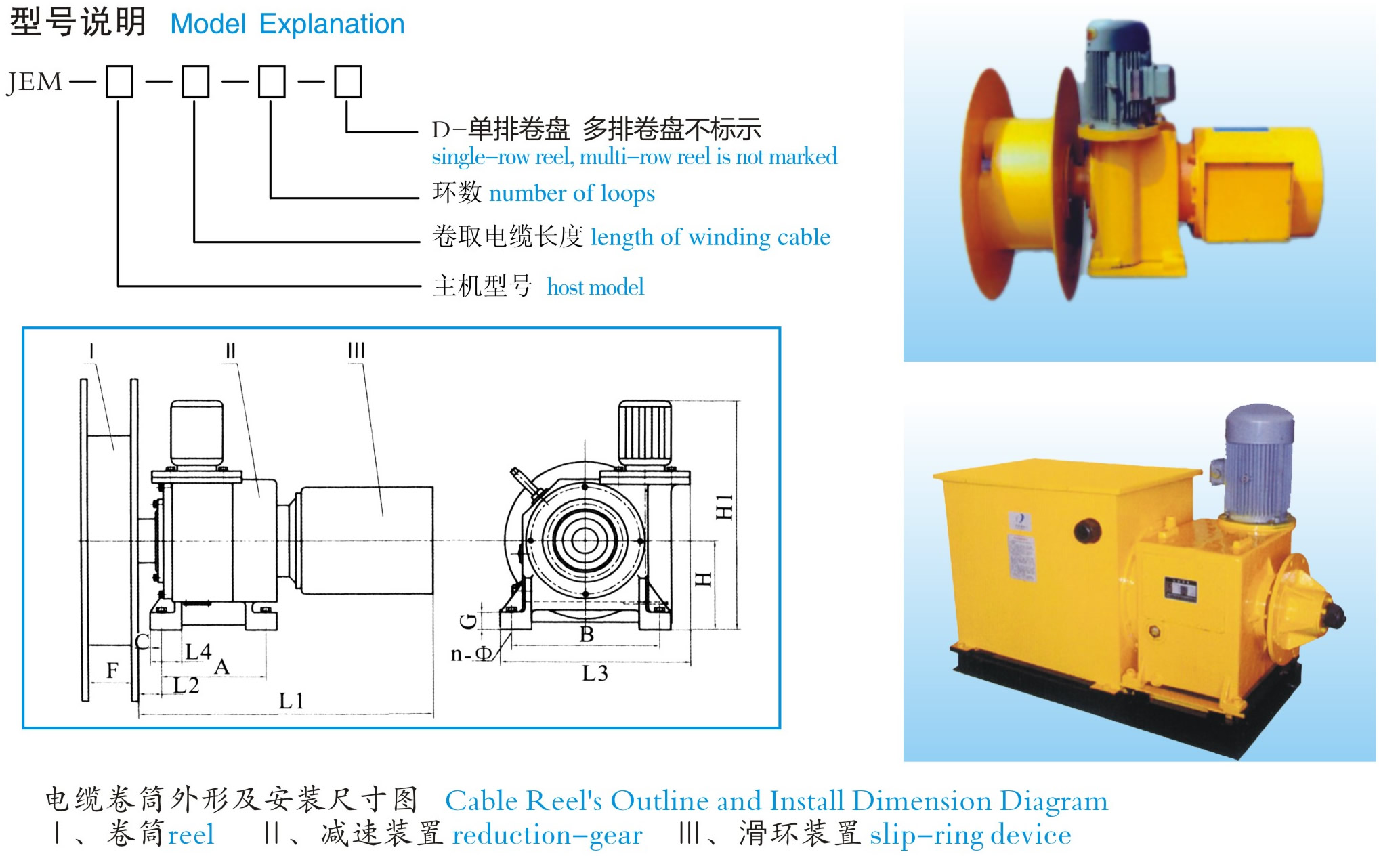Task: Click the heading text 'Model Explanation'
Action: click(287, 24)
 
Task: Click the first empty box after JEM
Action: click(119, 82)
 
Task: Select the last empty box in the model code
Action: click(347, 82)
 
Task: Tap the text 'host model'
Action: click(595, 287)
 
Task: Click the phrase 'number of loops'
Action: click(572, 194)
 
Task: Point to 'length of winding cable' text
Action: click(710, 237)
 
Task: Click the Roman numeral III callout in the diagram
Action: click(356, 350)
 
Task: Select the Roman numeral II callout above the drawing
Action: click(230, 350)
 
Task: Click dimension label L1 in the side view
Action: click(291, 701)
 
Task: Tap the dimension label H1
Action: click(724, 507)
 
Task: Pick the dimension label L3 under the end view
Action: click(595, 673)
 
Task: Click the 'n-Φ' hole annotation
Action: click(471, 654)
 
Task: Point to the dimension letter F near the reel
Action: click(112, 670)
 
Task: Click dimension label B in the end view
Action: click(587, 635)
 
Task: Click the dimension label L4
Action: click(198, 651)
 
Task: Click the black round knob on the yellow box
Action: click(1088, 530)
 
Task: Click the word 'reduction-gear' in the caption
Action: click(547, 835)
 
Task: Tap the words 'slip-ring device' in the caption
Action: click(970, 835)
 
